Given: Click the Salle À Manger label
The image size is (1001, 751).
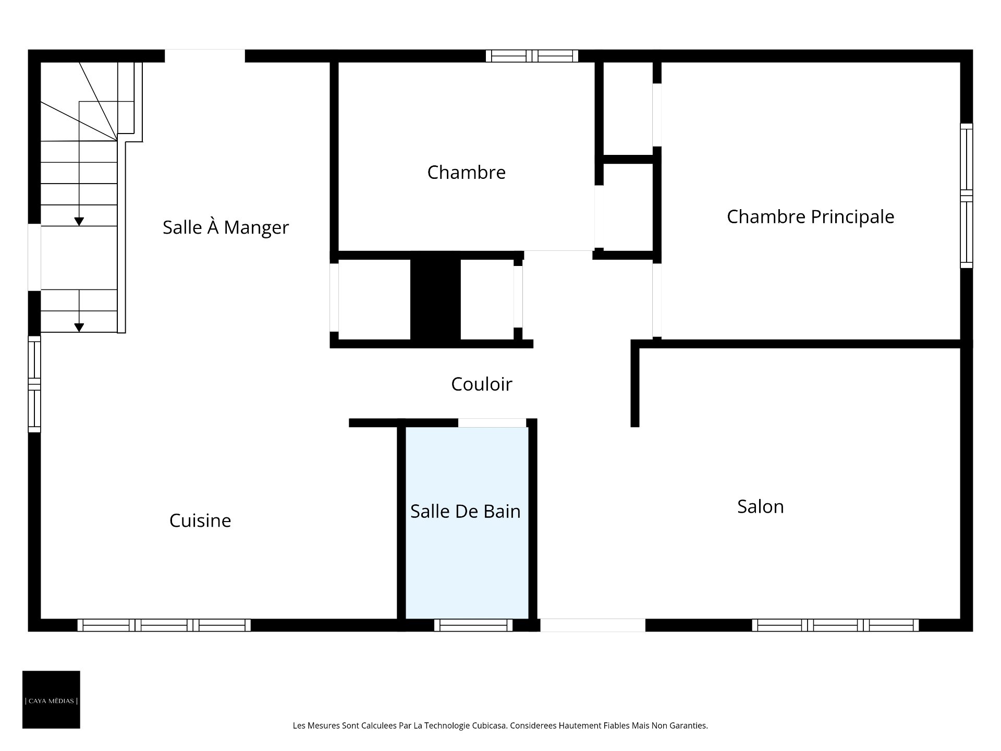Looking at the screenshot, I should [x=225, y=227].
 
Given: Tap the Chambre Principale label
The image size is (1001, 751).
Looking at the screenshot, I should [x=810, y=216].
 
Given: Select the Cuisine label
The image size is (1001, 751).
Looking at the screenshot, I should [x=200, y=520].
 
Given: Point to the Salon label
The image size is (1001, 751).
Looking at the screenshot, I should [x=760, y=506].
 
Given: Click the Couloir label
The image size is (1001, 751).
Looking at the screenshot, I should [x=481, y=384].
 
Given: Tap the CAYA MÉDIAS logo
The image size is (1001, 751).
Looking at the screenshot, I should [x=51, y=699].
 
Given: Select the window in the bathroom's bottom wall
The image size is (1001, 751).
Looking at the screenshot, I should [x=473, y=625].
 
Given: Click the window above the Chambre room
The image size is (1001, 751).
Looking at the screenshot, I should [x=532, y=56].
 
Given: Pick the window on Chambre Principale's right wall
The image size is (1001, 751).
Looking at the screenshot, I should [x=966, y=196].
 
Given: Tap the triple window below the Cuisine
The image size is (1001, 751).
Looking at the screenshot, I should [x=164, y=625].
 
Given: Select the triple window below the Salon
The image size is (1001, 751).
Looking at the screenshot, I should [x=835, y=625].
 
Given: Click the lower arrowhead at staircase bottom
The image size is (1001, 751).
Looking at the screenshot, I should [x=79, y=328].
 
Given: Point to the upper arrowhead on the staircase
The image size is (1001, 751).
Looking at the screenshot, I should [x=79, y=222].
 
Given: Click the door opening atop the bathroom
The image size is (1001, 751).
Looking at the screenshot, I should [x=492, y=422].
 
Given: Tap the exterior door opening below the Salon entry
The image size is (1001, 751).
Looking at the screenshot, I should [x=592, y=625].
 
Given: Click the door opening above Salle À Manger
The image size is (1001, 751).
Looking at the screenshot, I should [x=204, y=56].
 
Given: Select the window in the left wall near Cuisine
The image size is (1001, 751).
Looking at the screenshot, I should [x=34, y=384].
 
